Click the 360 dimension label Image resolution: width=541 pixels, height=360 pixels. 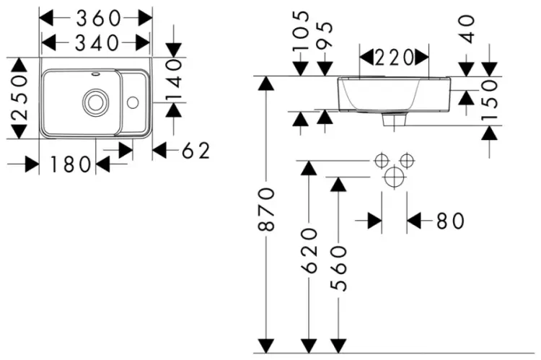pyautogui.click(x=98, y=18)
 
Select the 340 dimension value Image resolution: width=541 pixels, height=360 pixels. pyautogui.click(x=97, y=43)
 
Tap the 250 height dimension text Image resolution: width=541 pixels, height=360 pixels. pyautogui.click(x=20, y=97)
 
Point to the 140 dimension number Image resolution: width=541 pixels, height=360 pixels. pyautogui.click(x=175, y=80)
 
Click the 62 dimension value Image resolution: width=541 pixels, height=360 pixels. pyautogui.click(x=196, y=151)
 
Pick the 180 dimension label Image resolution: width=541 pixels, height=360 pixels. pyautogui.click(x=71, y=164)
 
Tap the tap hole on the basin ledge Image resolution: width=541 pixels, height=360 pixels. pyautogui.click(x=133, y=102)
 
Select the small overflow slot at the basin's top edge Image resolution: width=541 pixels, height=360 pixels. pyautogui.click(x=95, y=74)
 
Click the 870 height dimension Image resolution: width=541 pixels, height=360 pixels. pyautogui.click(x=266, y=209)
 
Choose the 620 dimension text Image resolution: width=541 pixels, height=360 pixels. pyautogui.click(x=309, y=250)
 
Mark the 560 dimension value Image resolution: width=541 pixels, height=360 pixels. pyautogui.click(x=338, y=268)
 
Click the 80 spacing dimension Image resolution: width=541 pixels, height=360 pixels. pyautogui.click(x=450, y=221)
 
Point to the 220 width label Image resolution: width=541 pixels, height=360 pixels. pyautogui.click(x=394, y=58)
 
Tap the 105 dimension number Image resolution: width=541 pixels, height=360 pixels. pyautogui.click(x=301, y=31)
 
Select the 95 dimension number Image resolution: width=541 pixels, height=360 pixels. pyautogui.click(x=325, y=35)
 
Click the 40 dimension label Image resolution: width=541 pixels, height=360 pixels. pyautogui.click(x=467, y=29)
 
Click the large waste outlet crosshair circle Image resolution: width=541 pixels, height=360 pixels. pyautogui.click(x=394, y=177)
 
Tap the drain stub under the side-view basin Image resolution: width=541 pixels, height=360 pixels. pyautogui.click(x=394, y=120)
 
